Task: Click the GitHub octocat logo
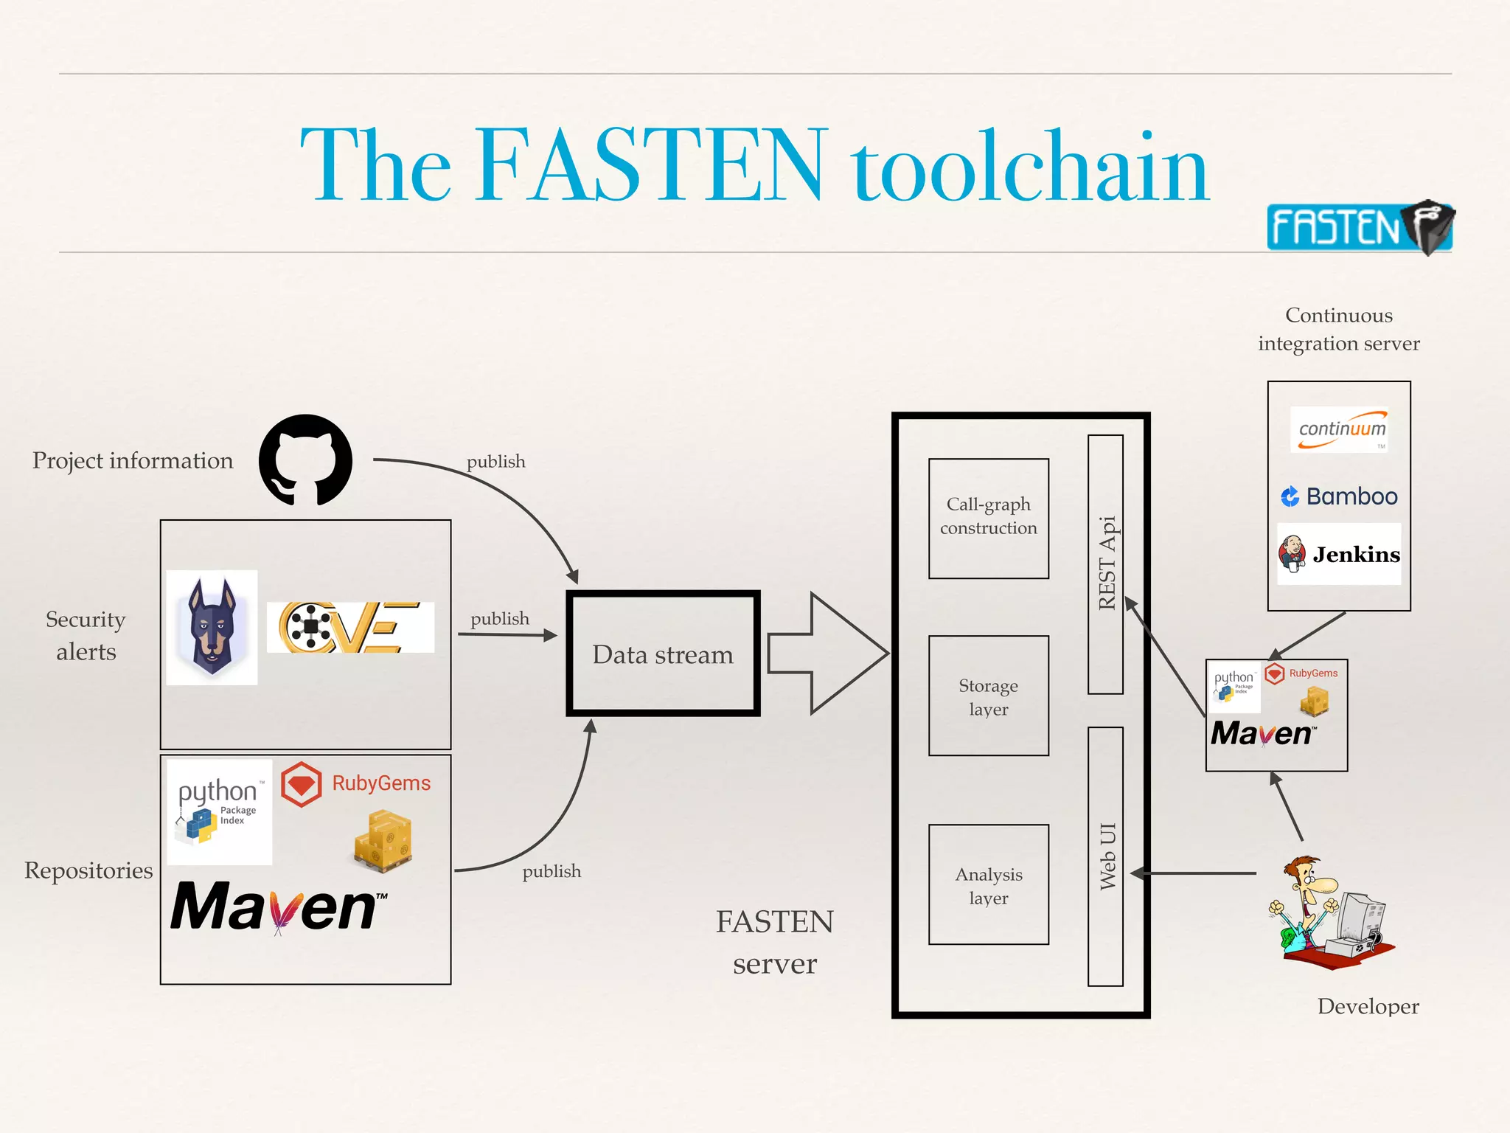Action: pyautogui.click(x=305, y=460)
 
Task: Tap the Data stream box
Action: pyautogui.click(x=663, y=654)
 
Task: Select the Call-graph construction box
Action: pyautogui.click(x=988, y=518)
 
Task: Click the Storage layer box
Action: pyautogui.click(x=988, y=696)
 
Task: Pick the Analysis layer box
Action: pyautogui.click(x=988, y=884)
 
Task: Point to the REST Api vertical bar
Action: pyautogui.click(x=1105, y=564)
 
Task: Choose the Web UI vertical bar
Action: pyautogui.click(x=1105, y=856)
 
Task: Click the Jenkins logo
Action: pyautogui.click(x=1339, y=554)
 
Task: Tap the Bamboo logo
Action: pyautogui.click(x=1339, y=496)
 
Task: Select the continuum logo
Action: pyautogui.click(x=1340, y=429)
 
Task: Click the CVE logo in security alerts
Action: pyautogui.click(x=350, y=627)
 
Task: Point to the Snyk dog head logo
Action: pyautogui.click(x=212, y=627)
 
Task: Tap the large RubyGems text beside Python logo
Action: pyautogui.click(x=380, y=783)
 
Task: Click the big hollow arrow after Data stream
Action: pyautogui.click(x=826, y=654)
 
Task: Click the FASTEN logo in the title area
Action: pyautogui.click(x=1359, y=227)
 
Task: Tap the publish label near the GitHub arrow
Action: pyautogui.click(x=495, y=462)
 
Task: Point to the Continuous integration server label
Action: pyautogui.click(x=1338, y=329)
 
